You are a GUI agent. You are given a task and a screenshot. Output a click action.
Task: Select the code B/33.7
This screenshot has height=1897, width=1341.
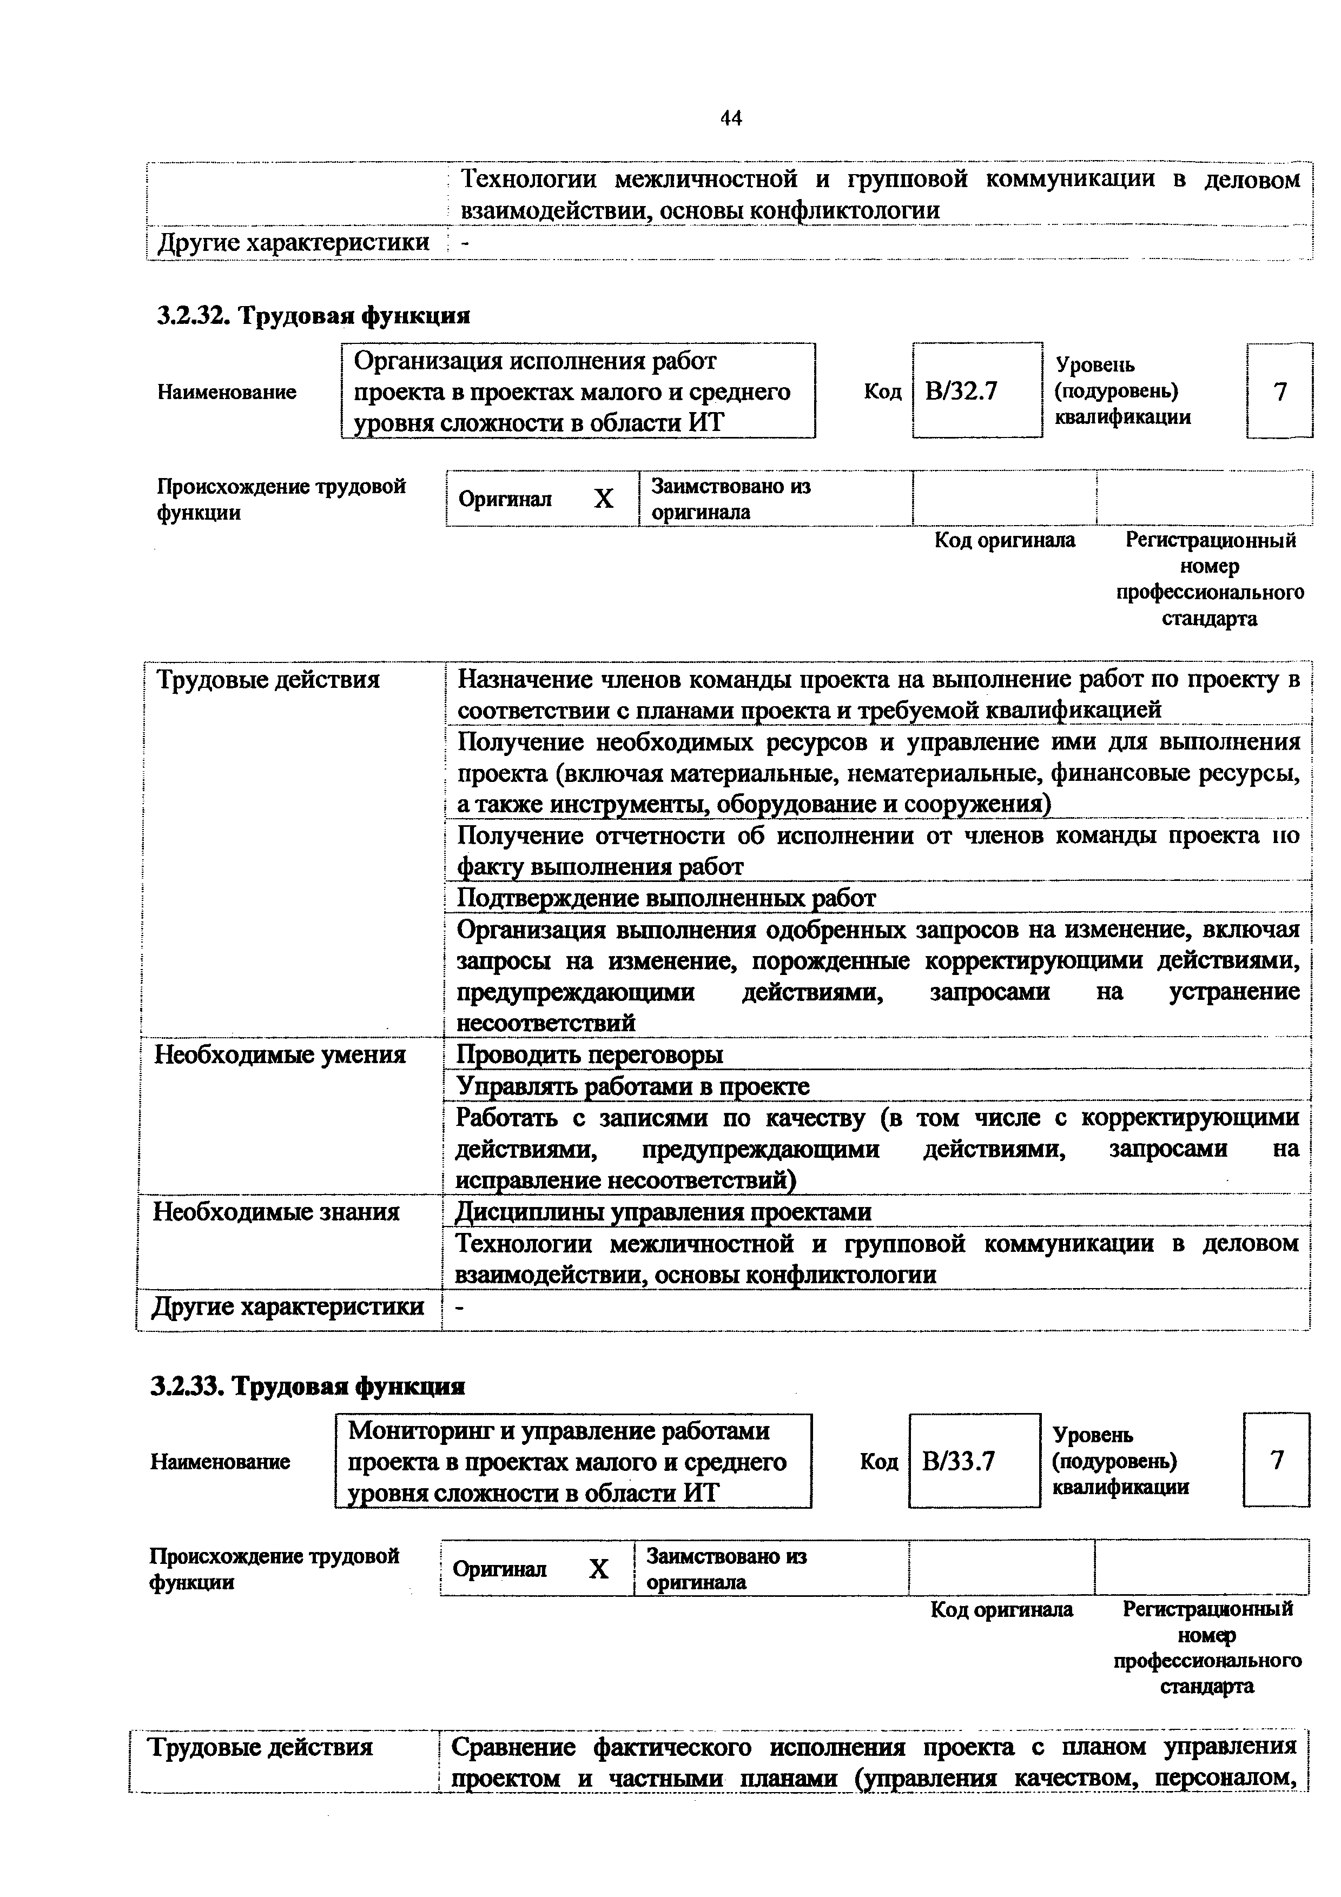click(x=959, y=1462)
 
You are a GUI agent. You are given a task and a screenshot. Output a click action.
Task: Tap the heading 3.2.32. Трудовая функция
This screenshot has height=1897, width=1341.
click(x=313, y=316)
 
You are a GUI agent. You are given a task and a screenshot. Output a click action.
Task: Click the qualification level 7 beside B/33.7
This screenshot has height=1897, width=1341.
click(x=1277, y=1461)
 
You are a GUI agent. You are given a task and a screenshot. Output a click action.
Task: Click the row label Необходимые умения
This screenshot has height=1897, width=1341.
click(x=280, y=1055)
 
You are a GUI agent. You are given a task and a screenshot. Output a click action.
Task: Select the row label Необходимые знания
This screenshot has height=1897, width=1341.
click(x=277, y=1212)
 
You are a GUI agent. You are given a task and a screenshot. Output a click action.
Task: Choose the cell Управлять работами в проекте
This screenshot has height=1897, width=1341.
click(x=633, y=1086)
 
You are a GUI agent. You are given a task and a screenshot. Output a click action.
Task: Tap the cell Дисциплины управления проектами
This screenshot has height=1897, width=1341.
click(x=664, y=1212)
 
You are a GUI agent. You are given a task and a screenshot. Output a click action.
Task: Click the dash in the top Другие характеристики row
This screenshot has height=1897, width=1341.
click(x=465, y=243)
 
